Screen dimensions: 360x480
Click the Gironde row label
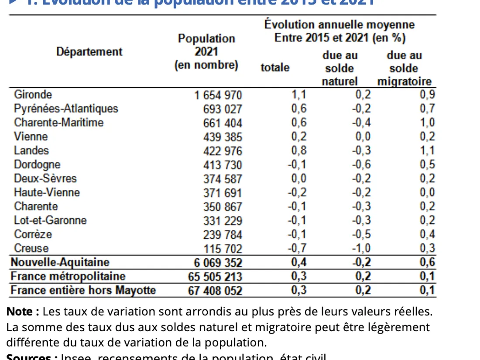pos(33,94)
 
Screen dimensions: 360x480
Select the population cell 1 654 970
pos(217,95)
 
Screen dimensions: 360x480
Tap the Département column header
pos(89,51)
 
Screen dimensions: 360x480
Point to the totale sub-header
pos(275,68)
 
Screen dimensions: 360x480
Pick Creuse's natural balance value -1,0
pos(361,249)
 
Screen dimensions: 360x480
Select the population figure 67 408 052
pos(215,291)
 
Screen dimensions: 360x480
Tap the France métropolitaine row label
pos(68,276)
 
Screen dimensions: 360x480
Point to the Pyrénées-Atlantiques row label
pos(66,108)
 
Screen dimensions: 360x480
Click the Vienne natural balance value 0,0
pos(363,137)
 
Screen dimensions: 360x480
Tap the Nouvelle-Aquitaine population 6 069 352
pos(217,263)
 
